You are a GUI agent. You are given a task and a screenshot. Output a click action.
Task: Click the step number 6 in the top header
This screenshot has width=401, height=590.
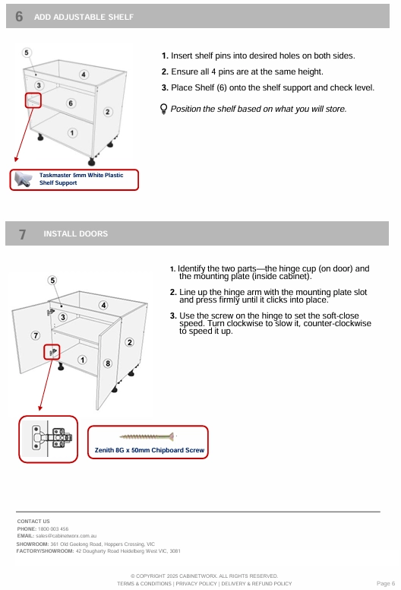(19, 17)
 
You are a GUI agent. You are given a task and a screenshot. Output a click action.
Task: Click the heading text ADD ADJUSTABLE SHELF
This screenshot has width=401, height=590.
(84, 17)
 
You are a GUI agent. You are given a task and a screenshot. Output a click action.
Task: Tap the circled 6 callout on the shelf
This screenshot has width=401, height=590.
(71, 103)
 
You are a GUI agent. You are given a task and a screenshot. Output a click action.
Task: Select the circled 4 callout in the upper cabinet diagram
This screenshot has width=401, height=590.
(84, 75)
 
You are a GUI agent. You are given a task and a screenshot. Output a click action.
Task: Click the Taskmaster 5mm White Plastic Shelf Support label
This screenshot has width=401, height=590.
(81, 179)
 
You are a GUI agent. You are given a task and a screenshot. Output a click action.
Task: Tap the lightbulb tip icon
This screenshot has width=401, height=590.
(163, 109)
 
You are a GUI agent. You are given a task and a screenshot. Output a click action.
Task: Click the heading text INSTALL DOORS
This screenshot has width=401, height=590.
(75, 233)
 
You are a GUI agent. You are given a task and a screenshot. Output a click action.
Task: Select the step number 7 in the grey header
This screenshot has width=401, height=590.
(23, 234)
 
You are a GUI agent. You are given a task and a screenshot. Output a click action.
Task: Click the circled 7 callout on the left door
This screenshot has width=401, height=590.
(36, 335)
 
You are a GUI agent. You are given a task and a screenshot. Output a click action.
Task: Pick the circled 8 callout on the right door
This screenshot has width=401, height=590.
(108, 363)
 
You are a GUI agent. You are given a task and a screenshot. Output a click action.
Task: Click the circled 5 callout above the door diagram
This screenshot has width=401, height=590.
(52, 281)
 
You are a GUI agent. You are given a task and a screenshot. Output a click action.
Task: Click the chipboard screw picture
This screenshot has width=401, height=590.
(147, 436)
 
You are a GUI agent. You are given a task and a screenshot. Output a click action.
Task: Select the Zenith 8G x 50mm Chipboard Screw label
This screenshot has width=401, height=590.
(150, 450)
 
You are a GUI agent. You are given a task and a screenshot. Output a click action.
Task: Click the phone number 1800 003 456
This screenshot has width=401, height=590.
(53, 528)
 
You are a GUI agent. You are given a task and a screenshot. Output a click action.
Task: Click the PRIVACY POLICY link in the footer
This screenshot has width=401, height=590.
(196, 584)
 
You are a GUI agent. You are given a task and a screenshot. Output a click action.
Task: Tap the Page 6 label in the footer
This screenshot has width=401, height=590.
(386, 584)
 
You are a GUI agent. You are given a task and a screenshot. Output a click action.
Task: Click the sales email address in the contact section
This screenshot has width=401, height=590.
(66, 536)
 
